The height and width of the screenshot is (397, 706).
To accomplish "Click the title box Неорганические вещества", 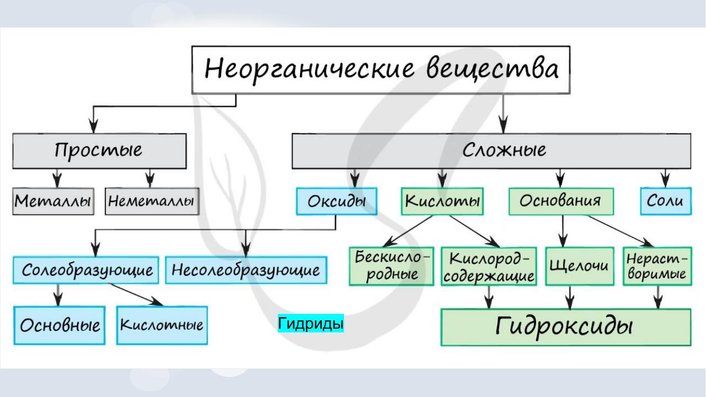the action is (381, 70).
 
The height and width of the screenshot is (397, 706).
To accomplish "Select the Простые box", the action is (99, 151).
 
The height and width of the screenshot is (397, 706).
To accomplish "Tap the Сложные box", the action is (491, 151).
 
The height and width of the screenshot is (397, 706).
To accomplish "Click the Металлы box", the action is (53, 201).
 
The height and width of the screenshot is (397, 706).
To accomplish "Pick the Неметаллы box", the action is (152, 201).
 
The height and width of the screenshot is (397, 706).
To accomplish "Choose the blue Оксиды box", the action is (337, 201).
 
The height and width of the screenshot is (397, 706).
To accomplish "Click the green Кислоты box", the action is (442, 201).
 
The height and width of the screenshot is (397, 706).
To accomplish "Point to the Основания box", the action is (561, 201).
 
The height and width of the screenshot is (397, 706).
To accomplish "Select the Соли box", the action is (666, 201).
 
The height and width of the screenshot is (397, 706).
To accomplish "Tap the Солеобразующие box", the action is (86, 270).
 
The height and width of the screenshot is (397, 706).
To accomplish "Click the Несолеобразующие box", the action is (246, 270).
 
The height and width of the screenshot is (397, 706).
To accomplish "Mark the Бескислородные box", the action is (392, 266).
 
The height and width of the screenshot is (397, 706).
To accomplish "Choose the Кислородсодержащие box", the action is (489, 266).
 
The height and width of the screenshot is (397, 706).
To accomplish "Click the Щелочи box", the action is (580, 266).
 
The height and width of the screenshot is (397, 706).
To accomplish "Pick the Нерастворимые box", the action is (657, 266).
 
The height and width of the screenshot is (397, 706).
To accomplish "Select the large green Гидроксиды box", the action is (566, 327).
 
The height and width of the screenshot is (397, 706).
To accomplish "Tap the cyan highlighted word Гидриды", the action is (311, 323).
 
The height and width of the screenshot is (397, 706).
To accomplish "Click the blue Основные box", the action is (59, 325).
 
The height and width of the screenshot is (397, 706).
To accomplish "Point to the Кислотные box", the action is (162, 325).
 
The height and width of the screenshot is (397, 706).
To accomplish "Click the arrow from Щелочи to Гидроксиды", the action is (570, 297).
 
